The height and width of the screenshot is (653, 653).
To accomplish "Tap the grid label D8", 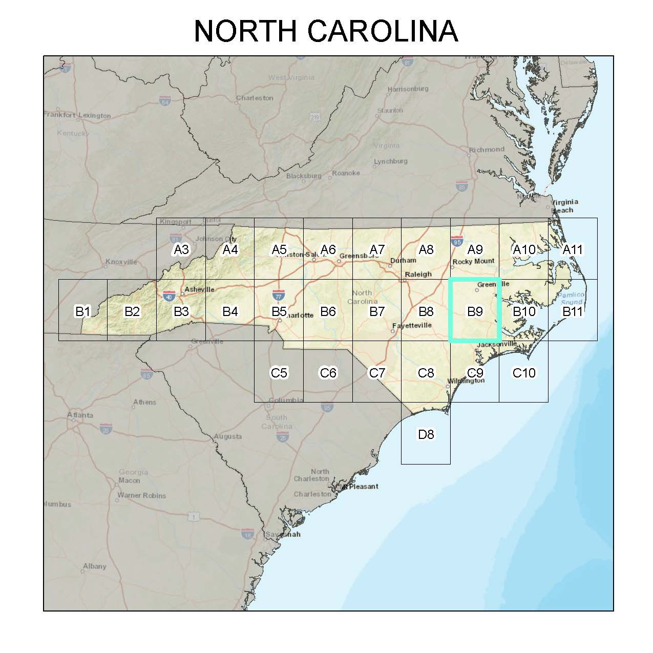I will (x=426, y=435).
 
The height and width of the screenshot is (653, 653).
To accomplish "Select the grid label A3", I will (x=181, y=250).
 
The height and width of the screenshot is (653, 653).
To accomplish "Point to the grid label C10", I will (x=524, y=373).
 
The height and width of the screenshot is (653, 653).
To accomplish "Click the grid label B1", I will (x=83, y=311).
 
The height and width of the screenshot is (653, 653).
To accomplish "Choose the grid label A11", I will (x=573, y=250).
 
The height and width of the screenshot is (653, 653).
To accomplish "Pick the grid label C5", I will (x=279, y=373).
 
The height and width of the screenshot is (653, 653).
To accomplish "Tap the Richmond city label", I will (x=487, y=150).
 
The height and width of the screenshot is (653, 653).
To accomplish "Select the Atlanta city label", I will (x=80, y=415).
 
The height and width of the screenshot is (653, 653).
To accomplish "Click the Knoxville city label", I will (x=121, y=262).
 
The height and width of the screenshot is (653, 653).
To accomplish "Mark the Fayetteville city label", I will (x=412, y=325).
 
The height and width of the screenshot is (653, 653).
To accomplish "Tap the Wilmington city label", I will (x=466, y=381).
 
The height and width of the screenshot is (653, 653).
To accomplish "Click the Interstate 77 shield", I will (x=278, y=295).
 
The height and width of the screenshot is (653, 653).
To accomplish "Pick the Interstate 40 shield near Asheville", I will (x=168, y=296).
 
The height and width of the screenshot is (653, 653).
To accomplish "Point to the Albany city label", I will (x=95, y=566).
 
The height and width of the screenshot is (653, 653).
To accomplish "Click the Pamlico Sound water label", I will (x=571, y=299).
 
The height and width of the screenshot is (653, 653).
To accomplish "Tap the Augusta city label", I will (x=228, y=437).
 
